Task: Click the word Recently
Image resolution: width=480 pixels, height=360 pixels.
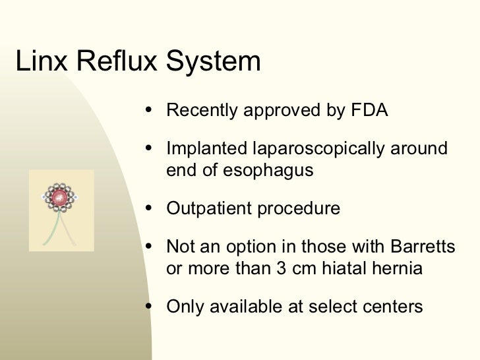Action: [202, 109]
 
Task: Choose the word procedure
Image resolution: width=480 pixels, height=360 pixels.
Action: [301, 210]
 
